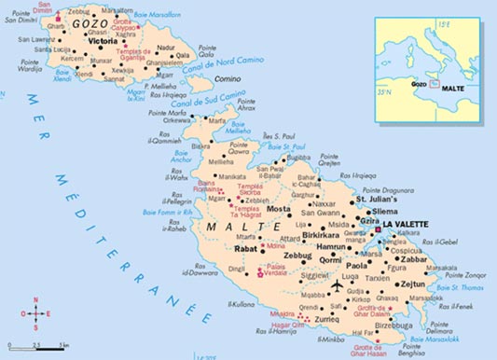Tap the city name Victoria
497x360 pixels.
pyautogui.click(x=102, y=42)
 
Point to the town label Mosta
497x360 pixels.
pyautogui.click(x=280, y=208)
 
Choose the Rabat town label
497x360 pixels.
pyautogui.click(x=244, y=249)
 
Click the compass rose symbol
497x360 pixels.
pyautogui.click(x=36, y=312)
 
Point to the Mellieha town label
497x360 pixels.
pyautogui.click(x=220, y=161)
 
